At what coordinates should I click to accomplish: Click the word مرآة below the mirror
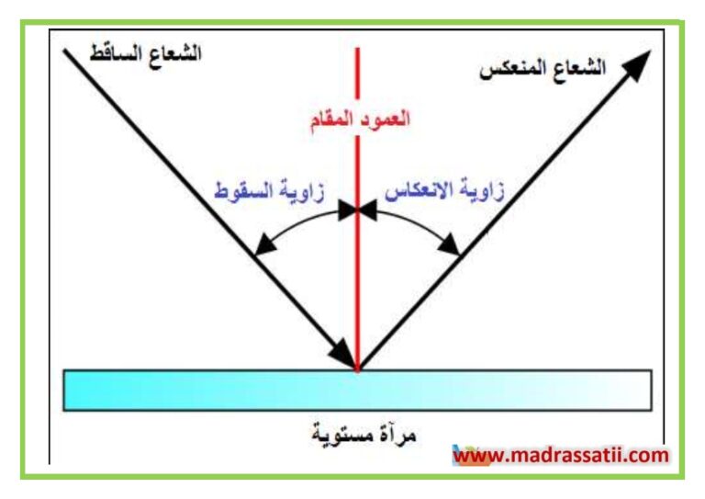[397, 435]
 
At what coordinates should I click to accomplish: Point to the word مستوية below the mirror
[343, 435]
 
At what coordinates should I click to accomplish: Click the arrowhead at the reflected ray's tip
[636, 65]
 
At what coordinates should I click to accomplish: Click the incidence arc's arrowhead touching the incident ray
[264, 244]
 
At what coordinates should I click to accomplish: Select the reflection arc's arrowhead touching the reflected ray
[450, 245]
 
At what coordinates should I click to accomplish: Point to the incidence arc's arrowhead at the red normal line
[348, 210]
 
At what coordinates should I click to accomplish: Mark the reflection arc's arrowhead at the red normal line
[367, 210]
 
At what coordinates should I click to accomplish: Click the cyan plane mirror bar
[357, 391]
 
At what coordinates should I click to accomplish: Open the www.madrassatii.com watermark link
[561, 456]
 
